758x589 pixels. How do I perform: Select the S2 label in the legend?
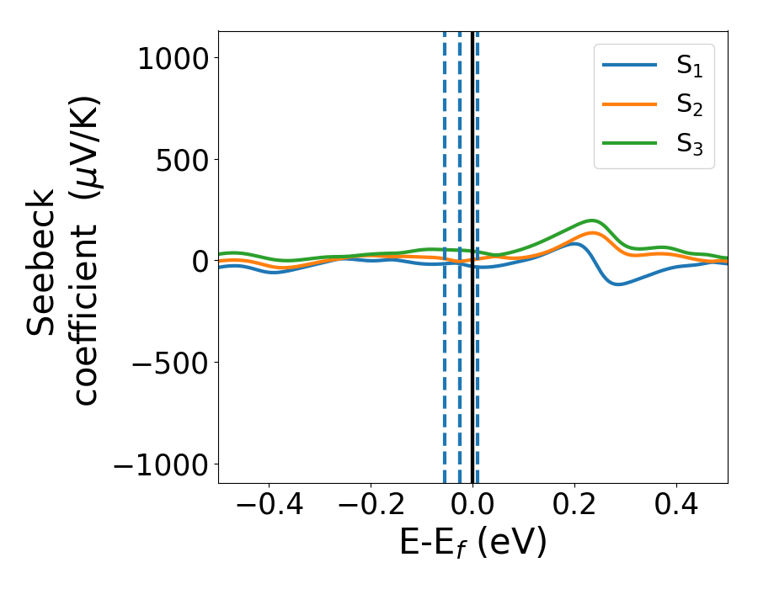(689, 107)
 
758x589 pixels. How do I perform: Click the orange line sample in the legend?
(630, 105)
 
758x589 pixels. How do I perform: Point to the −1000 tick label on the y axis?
(163, 464)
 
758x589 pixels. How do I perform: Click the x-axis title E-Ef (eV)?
(472, 543)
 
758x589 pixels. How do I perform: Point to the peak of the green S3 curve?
(593, 220)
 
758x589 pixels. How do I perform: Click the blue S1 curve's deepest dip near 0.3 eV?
(619, 284)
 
